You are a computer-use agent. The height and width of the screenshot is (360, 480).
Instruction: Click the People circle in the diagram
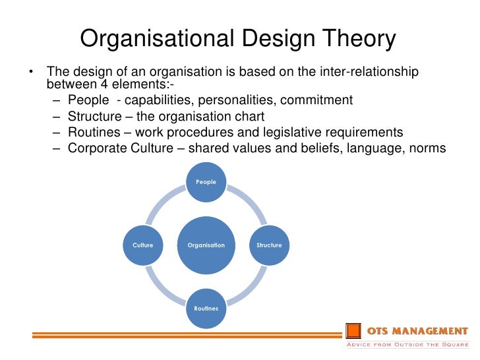point(206,181)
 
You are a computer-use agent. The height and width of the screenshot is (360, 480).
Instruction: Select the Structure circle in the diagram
point(269,245)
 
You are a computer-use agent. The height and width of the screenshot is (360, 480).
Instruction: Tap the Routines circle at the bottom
point(206,308)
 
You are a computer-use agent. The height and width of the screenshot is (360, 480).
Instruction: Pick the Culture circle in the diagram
point(143,245)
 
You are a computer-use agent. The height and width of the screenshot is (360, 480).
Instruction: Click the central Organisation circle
point(206,245)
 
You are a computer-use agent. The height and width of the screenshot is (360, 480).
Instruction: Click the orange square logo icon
point(354,330)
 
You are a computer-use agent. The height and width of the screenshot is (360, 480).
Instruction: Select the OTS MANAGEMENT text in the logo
point(417,330)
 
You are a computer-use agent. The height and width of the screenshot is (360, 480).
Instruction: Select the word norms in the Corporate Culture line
point(428,148)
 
